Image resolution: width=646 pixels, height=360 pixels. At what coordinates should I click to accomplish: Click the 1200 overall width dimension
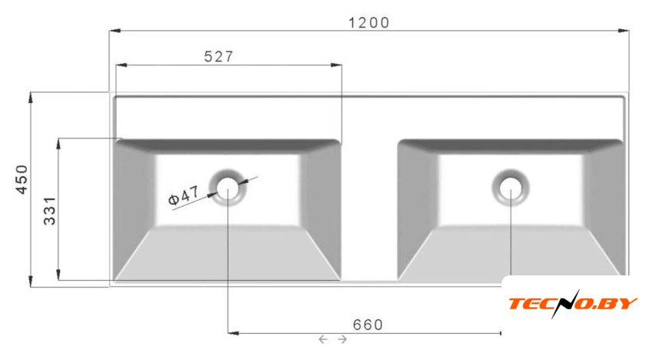point(368,22)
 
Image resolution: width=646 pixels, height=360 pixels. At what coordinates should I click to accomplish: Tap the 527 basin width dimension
point(218,56)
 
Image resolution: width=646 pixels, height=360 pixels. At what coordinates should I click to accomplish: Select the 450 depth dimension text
point(22,179)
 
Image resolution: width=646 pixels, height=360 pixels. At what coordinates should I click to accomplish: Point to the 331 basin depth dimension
point(50,211)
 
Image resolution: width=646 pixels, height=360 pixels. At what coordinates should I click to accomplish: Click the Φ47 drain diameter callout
point(184,195)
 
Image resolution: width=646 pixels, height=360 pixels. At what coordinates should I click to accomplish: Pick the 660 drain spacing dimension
point(368,325)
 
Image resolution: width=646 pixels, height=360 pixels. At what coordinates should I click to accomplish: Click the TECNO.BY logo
point(573,304)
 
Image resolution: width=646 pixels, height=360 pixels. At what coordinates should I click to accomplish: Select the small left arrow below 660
point(323,339)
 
